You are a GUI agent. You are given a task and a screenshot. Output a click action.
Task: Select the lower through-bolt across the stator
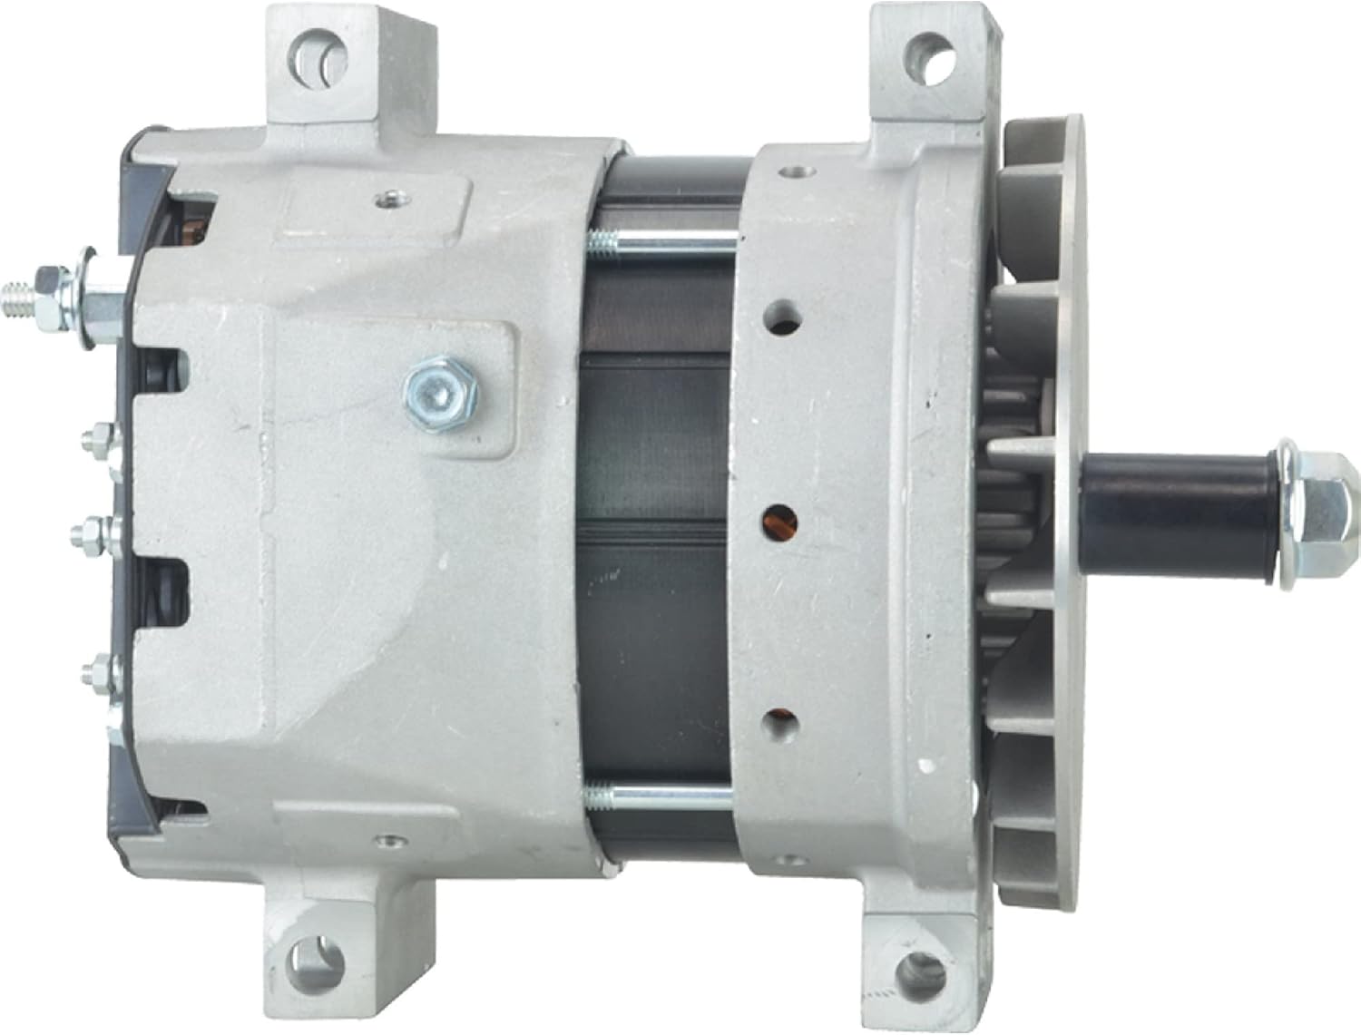pos(662,796)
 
